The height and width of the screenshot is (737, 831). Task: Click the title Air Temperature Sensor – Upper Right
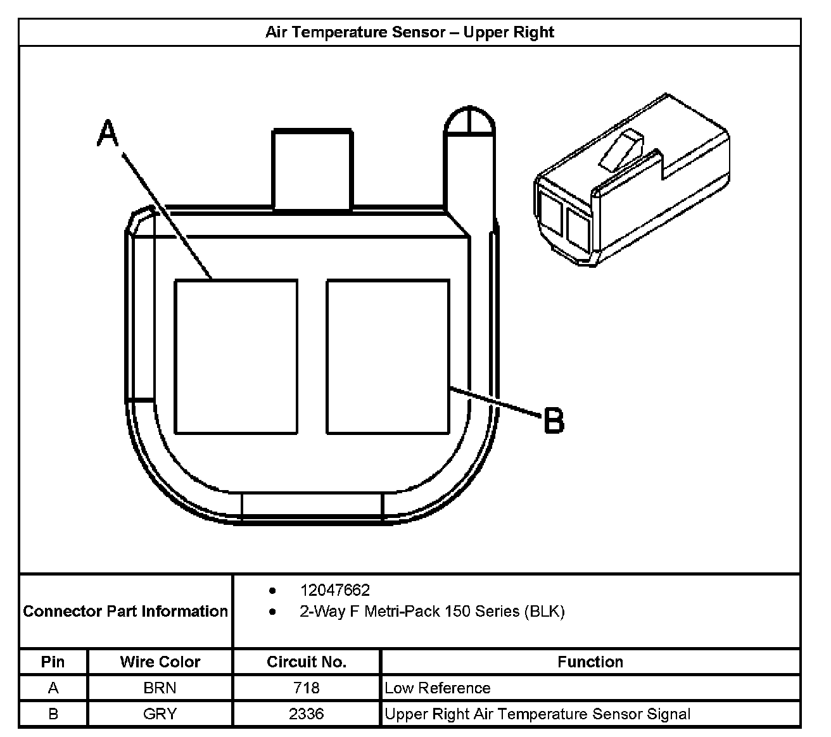tap(410, 32)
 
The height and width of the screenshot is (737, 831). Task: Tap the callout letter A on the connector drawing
tap(108, 134)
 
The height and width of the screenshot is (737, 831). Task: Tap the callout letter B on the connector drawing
tap(554, 420)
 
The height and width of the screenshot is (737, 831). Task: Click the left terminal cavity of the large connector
tap(236, 356)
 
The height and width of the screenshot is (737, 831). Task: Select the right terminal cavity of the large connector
tap(388, 356)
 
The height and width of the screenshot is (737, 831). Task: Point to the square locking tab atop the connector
tap(312, 170)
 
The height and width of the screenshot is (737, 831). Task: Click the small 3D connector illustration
tap(632, 180)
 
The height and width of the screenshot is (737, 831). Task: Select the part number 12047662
tap(335, 590)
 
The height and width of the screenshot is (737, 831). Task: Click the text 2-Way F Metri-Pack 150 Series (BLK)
tap(432, 612)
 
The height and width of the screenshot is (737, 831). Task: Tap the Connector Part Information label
tap(125, 612)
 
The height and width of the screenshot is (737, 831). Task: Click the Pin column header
tap(53, 662)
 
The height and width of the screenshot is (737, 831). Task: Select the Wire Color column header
tap(160, 662)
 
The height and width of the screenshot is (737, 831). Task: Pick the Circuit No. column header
tap(307, 662)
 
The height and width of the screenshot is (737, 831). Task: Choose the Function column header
tap(590, 662)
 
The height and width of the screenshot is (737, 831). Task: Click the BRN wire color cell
tap(160, 688)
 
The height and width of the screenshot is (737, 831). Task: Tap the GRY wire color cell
tap(160, 714)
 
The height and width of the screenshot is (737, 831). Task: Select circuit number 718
tap(307, 688)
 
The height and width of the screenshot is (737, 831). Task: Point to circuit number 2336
tap(307, 714)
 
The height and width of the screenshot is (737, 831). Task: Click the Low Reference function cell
tap(438, 688)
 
